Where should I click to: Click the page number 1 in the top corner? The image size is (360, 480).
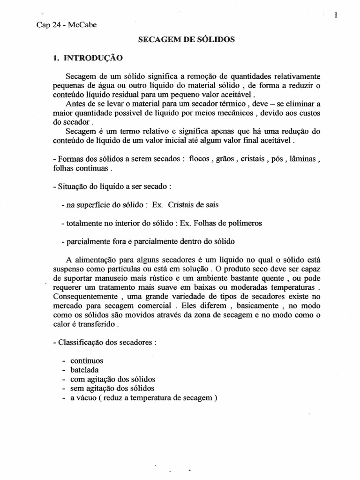tap(337, 15)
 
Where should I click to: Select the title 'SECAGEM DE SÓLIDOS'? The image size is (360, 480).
tap(186, 40)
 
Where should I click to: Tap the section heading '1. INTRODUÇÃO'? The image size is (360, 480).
tap(88, 59)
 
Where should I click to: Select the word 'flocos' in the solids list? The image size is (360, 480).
tap(199, 159)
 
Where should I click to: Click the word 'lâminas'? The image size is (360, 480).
tap(305, 159)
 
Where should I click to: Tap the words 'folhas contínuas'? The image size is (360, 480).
tap(80, 168)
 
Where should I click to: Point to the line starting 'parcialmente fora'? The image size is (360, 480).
tap(148, 241)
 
